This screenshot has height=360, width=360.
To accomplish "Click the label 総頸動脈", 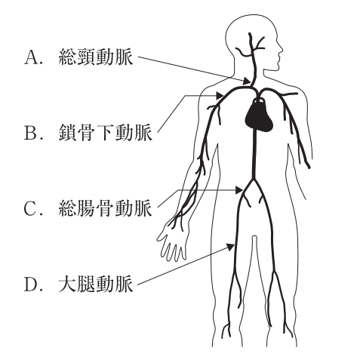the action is pos(96,57).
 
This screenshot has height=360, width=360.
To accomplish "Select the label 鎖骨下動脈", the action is pos(105,132).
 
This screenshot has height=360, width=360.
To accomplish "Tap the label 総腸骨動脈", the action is pos(105,208).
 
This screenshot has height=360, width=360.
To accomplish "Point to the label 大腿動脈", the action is pos(96,285).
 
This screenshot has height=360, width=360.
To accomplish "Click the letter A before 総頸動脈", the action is pos(31,57).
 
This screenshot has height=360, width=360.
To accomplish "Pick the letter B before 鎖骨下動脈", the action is pos(31,133).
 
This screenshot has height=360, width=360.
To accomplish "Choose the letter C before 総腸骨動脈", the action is pos(31,208).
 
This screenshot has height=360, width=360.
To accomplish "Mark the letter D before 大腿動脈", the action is pos(31,285).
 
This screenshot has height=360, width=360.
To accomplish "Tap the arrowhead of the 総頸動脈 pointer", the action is pos(247,81).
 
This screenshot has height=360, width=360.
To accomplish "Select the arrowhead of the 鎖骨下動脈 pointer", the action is pos(220,96).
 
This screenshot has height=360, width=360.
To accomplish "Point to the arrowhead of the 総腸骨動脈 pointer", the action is pos(239,190).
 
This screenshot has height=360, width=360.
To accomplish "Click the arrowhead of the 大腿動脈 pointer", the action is pos(231,247).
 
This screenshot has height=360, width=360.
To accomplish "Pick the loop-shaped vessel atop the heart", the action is pos(259,101).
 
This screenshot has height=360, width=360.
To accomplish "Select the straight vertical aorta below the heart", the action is pos(254,154).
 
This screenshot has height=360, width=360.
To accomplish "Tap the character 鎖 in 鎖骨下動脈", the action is pos(67,132).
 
